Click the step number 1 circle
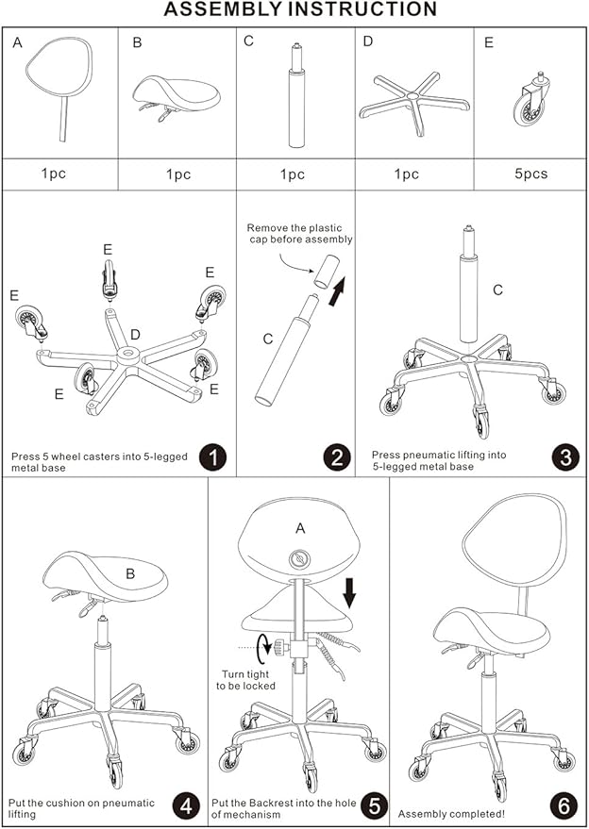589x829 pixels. click(x=212, y=457)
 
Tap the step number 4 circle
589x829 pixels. click(x=186, y=807)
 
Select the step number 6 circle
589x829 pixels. click(x=564, y=806)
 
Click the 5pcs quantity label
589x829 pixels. click(x=531, y=174)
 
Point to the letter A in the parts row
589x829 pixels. click(x=18, y=43)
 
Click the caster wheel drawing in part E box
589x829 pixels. click(x=530, y=99)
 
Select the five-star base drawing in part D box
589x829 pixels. click(x=414, y=103)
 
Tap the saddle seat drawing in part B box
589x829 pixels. click(x=177, y=97)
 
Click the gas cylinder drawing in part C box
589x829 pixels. click(x=296, y=95)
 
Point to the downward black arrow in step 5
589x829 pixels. click(x=349, y=592)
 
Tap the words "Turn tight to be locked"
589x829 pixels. click(x=245, y=680)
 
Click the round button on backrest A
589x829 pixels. click(x=299, y=558)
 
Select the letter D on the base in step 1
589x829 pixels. click(x=135, y=334)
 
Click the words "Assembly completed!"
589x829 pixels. click(x=451, y=813)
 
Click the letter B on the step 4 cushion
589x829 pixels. click(x=130, y=573)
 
